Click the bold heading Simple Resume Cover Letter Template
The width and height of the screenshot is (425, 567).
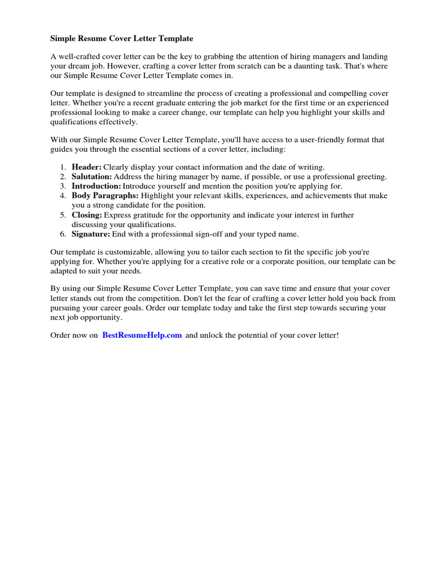click(x=122, y=39)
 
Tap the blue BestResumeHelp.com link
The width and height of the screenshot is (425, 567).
click(x=142, y=336)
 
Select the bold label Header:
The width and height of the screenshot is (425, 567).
click(x=86, y=167)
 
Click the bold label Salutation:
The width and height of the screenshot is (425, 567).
click(x=92, y=177)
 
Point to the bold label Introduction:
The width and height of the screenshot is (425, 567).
click(x=96, y=186)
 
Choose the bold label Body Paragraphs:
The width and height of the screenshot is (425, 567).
click(x=105, y=195)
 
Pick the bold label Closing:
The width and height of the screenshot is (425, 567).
click(x=87, y=215)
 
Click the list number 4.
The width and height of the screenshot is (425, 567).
click(x=63, y=195)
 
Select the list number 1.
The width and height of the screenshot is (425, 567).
click(x=63, y=167)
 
